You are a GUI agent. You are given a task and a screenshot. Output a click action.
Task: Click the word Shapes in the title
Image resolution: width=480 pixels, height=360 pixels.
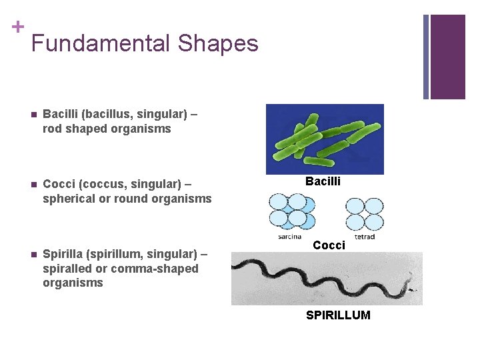218,44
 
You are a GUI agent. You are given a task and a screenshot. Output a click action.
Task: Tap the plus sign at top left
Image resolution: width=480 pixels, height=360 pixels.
18,26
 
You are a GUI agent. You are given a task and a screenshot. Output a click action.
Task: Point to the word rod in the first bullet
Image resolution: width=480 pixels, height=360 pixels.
53,129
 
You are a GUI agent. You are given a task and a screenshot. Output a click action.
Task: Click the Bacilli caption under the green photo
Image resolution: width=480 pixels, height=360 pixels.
323,181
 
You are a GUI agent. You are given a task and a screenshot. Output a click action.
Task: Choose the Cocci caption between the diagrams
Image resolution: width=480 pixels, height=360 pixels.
329,245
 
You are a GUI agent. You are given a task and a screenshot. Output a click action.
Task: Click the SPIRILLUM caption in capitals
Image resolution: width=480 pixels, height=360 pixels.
338,315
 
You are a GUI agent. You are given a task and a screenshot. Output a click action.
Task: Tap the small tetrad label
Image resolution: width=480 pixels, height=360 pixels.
365,236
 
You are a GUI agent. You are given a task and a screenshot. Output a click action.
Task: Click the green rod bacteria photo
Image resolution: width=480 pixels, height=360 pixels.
325,139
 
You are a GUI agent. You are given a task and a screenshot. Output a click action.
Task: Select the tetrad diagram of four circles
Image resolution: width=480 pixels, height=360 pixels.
365,214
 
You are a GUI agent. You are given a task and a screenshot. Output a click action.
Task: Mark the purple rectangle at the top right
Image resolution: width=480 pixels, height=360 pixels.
447,57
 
